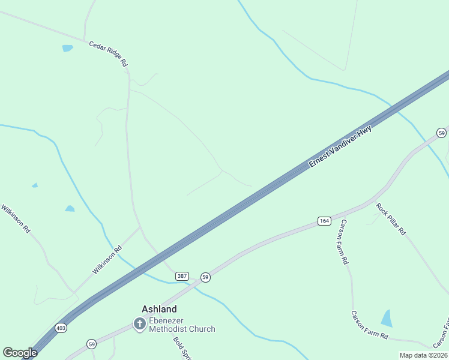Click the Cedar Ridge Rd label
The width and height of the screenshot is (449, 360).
108,54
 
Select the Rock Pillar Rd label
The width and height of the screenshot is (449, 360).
391,219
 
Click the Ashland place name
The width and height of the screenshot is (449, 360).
159,309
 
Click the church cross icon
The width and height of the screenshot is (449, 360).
139,325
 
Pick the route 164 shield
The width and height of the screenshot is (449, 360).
324,221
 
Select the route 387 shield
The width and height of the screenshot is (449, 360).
182,276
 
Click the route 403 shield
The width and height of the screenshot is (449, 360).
61,328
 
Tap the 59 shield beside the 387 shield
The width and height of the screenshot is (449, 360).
205,277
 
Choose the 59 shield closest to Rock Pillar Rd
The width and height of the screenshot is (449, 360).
441,133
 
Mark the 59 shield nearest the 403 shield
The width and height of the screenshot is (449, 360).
91,344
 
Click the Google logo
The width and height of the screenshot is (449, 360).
20,353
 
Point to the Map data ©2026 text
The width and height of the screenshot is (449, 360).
423,355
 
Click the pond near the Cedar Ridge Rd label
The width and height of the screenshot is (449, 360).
67,48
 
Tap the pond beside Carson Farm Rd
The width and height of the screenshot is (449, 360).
387,318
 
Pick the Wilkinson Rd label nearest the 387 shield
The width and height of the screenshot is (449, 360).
107,260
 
